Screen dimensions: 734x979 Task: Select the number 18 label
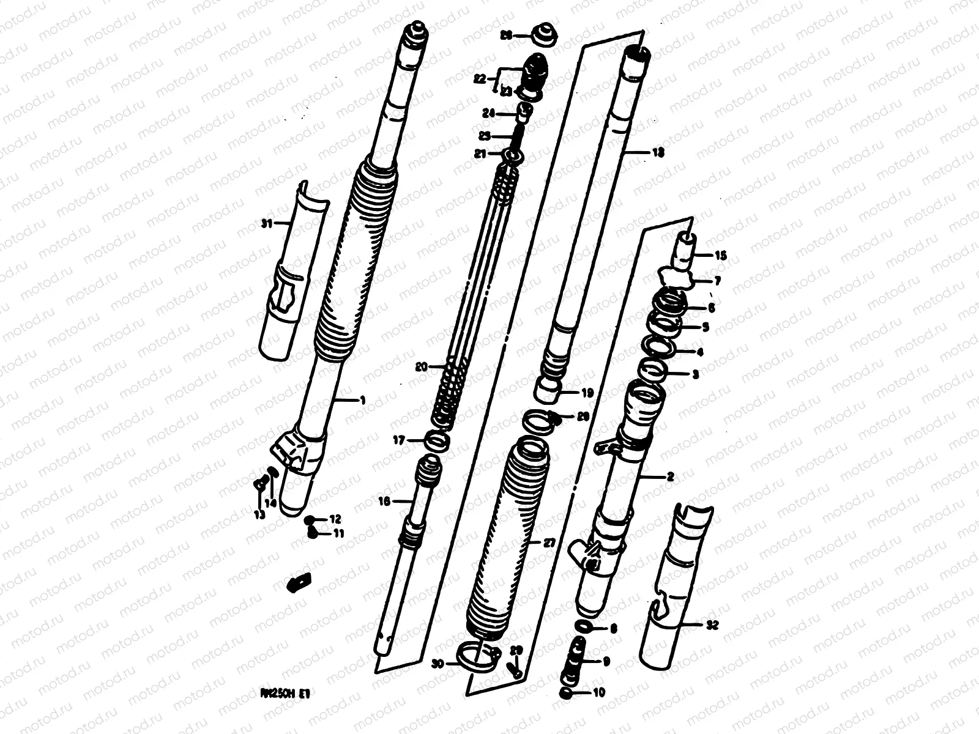658,153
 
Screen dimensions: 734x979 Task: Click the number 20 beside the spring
420,367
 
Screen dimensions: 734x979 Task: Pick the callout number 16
384,501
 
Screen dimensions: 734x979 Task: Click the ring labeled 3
654,370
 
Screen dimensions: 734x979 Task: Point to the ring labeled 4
661,347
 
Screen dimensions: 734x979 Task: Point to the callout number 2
669,477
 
